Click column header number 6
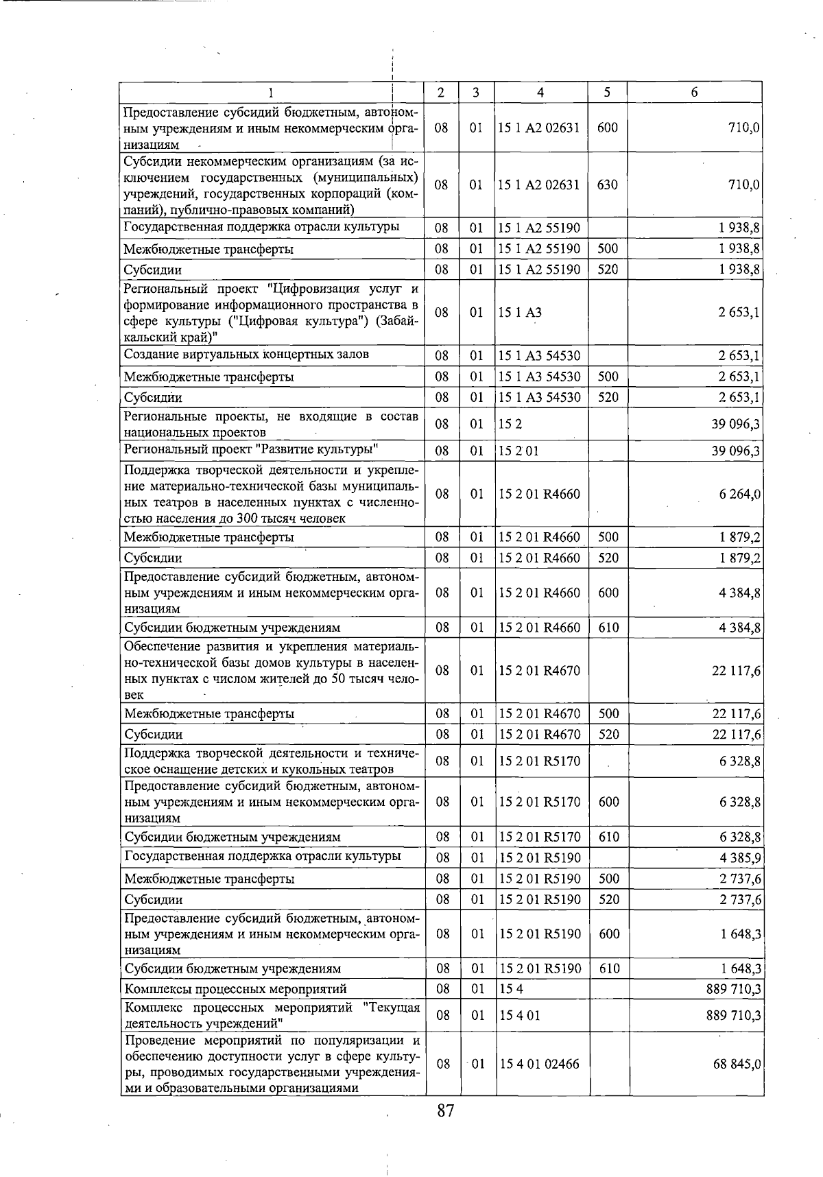[x=694, y=93]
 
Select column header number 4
[x=540, y=93]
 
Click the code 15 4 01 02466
[x=540, y=1064]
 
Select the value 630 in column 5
[x=607, y=185]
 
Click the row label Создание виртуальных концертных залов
[x=246, y=355]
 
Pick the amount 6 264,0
[x=739, y=494]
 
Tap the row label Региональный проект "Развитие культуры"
[x=251, y=450]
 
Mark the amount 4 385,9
[x=739, y=857]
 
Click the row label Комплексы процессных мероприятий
[x=235, y=989]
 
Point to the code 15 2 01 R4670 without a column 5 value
[x=540, y=671]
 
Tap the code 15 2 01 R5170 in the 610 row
[x=540, y=837]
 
